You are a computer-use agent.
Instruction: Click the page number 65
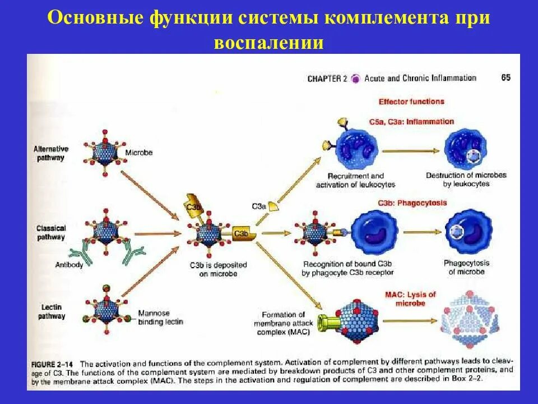click(x=505, y=78)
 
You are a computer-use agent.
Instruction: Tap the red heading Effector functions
click(x=411, y=102)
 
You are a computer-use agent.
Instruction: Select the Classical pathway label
click(x=51, y=232)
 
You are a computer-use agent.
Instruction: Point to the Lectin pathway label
click(x=52, y=311)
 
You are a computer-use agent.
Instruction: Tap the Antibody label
click(x=69, y=264)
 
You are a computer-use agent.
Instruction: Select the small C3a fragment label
click(x=259, y=206)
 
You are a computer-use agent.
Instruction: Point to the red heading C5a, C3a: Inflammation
click(x=412, y=122)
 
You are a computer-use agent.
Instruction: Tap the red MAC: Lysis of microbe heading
click(x=410, y=299)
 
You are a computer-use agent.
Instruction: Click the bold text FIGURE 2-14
click(x=55, y=363)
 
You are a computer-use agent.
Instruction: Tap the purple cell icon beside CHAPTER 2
click(x=355, y=79)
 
